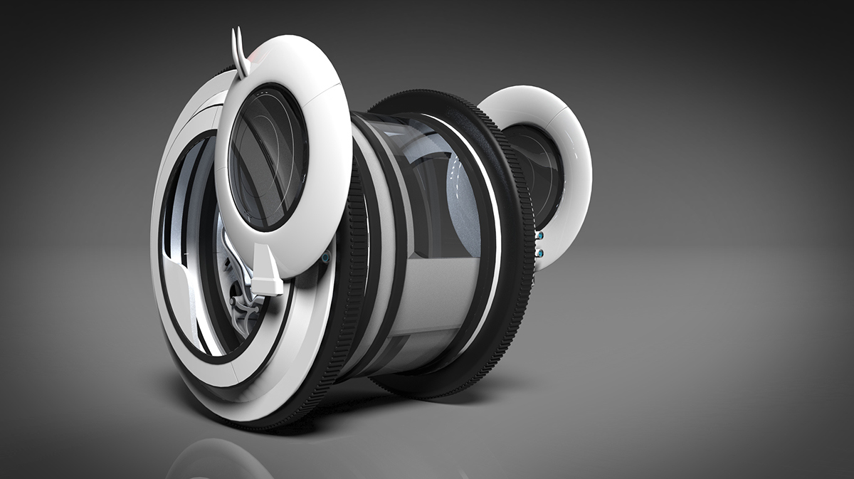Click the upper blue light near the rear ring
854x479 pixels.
coord(540,236)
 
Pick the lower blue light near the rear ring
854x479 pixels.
coord(540,252)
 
